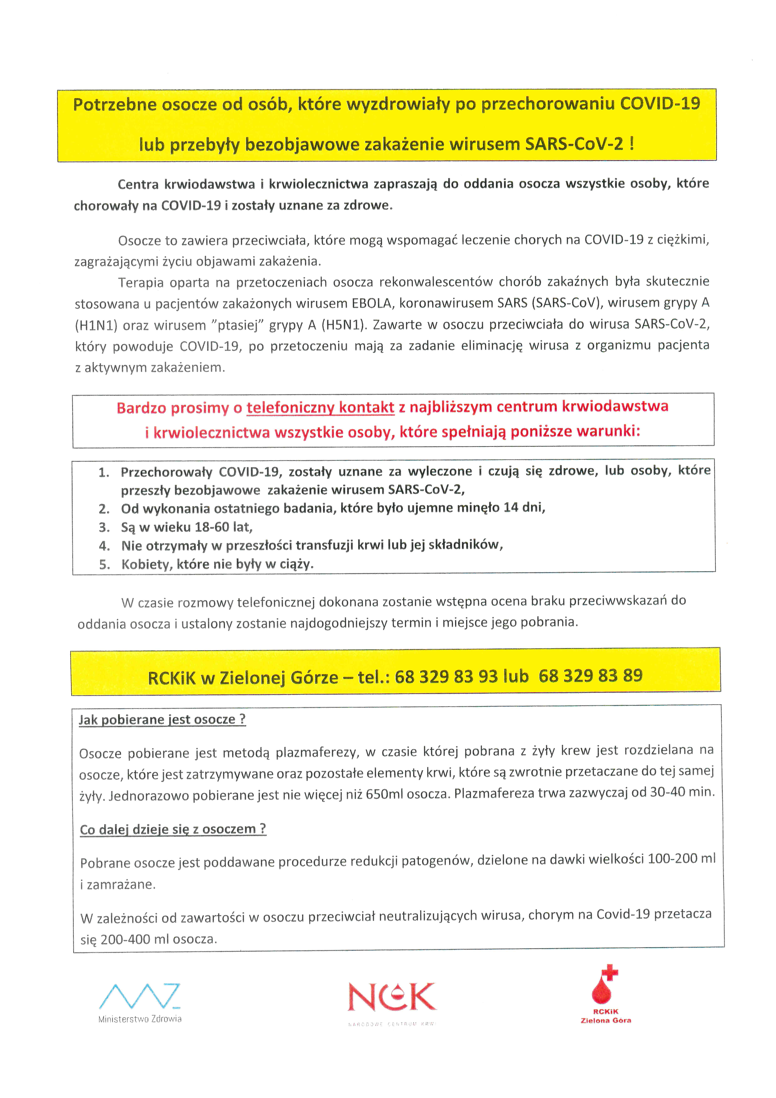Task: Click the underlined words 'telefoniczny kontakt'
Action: click(320, 407)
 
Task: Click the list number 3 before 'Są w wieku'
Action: click(104, 528)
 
